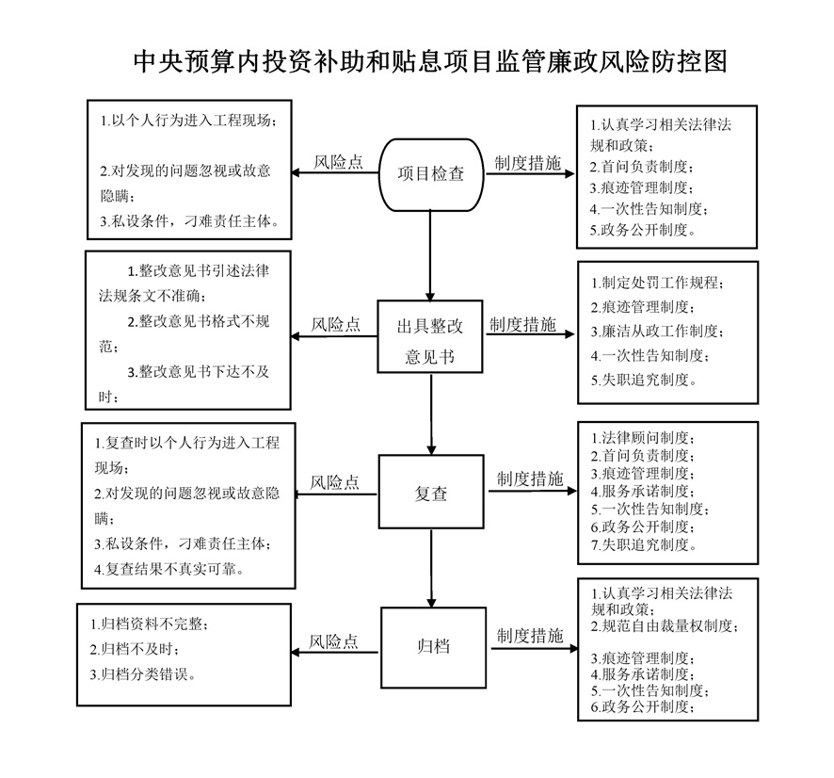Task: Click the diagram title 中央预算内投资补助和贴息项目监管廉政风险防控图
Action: coord(430,61)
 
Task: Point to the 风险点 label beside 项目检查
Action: coord(338,162)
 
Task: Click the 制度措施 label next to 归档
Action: coord(530,636)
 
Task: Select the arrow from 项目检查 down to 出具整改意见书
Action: coord(430,256)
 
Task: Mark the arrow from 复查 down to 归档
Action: coord(431,568)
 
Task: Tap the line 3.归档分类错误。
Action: coord(143,674)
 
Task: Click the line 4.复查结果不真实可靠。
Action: coord(170,570)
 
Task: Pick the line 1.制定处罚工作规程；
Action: coord(657,283)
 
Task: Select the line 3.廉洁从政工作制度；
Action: coord(657,332)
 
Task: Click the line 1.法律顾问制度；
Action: coord(643,438)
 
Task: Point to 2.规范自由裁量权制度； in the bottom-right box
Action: coord(665,625)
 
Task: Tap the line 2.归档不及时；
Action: coord(135,649)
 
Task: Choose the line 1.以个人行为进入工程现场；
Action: coord(189,121)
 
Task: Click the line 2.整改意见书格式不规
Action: coord(199,321)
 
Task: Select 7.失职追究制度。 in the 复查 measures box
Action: coord(644,545)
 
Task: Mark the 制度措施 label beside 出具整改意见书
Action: coord(522,325)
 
